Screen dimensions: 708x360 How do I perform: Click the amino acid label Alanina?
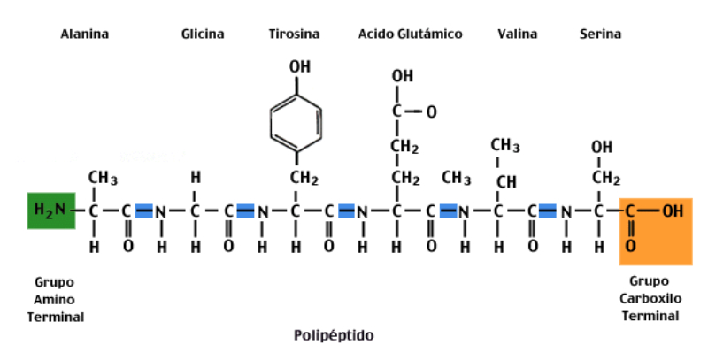[85, 34]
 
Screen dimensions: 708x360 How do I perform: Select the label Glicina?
[203, 34]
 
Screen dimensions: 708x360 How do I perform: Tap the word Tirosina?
[294, 34]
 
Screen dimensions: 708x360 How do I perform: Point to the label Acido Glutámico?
[410, 34]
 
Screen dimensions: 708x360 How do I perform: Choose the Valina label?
[518, 34]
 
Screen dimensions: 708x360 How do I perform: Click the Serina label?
[600, 34]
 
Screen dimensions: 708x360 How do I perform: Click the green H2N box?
[51, 211]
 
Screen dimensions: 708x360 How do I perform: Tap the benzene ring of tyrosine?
[296, 123]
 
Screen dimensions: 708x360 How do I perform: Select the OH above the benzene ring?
[300, 66]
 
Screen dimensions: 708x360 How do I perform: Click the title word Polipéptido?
[334, 335]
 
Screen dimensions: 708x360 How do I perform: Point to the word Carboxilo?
[650, 299]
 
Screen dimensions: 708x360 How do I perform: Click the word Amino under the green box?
[54, 300]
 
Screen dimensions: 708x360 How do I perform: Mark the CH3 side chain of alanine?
[103, 179]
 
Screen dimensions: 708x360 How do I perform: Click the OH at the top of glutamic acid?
[403, 76]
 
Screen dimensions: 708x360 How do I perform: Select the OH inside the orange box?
[673, 211]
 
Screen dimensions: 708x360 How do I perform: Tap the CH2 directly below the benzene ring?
[304, 179]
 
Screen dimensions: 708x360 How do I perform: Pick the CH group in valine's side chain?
[506, 182]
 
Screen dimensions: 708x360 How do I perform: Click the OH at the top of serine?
[602, 148]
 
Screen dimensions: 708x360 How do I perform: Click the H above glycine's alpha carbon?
[195, 178]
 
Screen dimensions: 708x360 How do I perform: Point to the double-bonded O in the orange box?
[631, 246]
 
